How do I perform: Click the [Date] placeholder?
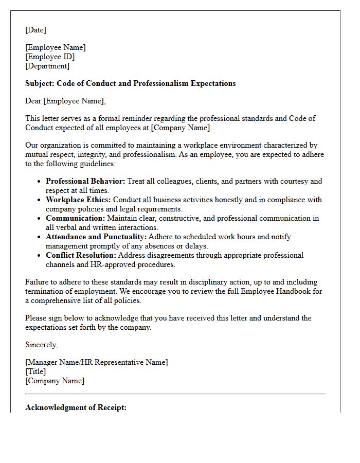[35, 30]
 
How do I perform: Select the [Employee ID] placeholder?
[50, 57]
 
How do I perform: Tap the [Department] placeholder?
[47, 66]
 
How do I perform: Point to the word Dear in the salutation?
[33, 101]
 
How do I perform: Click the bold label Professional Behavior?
[85, 181]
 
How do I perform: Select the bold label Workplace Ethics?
[78, 200]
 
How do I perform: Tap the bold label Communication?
[75, 218]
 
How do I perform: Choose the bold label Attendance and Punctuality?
[96, 237]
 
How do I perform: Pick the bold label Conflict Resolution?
[81, 255]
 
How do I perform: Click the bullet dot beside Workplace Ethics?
[40, 200]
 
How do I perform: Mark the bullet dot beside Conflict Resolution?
[40, 256]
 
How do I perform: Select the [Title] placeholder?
[35, 372]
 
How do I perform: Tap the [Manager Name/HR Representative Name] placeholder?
[96, 363]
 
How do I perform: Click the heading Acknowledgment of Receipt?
[76, 408]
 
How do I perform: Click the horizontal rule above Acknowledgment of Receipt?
[175, 394]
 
